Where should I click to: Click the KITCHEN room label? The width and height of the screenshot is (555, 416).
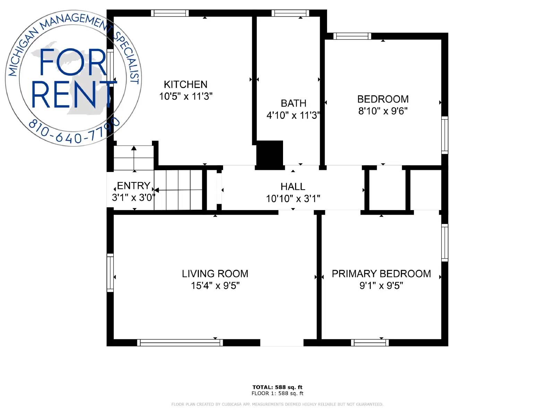point(185,84)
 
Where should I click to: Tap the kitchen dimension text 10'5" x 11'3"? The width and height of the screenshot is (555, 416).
point(186,96)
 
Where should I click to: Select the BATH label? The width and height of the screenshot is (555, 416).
point(293,103)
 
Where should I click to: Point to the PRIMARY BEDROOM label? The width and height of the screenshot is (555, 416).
point(381,274)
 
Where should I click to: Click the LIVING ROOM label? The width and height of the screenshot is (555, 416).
point(215,274)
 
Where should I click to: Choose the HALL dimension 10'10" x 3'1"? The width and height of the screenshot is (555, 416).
point(293,199)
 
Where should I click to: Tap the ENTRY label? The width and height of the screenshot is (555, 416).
point(134,186)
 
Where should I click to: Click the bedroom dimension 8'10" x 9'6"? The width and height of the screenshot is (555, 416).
point(383,111)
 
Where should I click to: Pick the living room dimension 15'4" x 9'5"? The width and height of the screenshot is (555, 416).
point(215,286)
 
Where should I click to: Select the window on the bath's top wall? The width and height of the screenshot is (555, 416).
point(290,13)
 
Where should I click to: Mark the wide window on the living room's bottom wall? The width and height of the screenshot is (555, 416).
point(180,343)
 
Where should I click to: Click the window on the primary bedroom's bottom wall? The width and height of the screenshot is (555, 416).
point(369,343)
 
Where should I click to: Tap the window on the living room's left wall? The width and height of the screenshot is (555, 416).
point(110,273)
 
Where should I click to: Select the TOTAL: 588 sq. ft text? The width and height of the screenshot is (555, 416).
point(277,387)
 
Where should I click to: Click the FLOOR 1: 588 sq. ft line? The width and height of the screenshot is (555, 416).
point(277,393)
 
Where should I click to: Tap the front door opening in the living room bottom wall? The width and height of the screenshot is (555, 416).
point(282,343)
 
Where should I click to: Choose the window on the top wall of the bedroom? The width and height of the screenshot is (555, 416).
point(352,36)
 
